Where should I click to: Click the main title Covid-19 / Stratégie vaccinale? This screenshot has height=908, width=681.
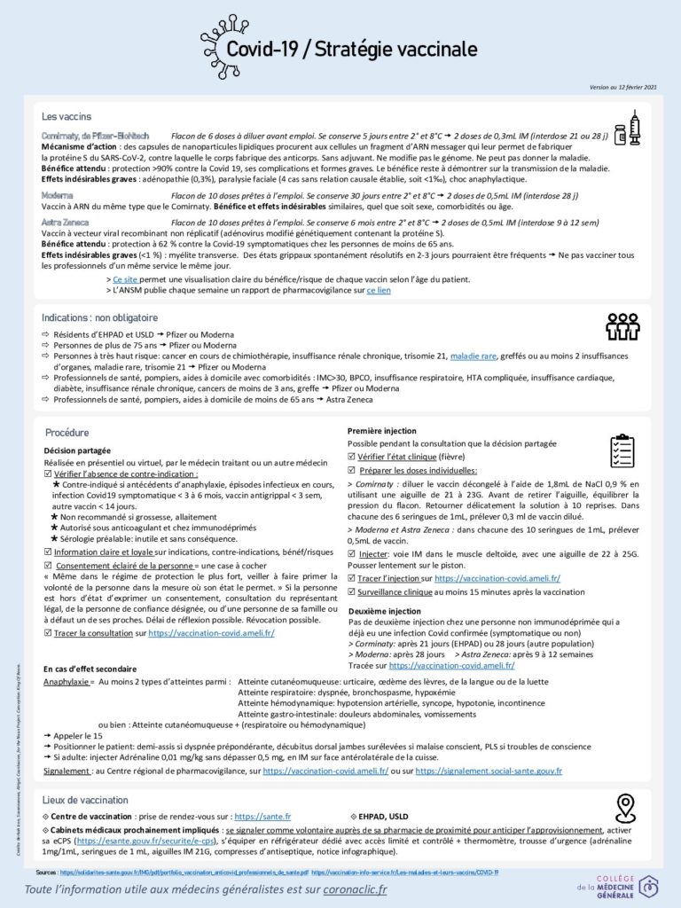[351, 49]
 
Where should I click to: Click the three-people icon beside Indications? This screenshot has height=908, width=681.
[622, 327]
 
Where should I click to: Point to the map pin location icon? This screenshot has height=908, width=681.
[626, 808]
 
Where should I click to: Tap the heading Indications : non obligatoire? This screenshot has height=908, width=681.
[99, 317]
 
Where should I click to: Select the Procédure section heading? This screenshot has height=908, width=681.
[67, 433]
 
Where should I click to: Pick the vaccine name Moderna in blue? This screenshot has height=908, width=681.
[58, 193]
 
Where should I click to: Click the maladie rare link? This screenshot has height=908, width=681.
[474, 356]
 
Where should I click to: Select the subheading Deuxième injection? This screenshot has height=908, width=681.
[386, 612]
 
